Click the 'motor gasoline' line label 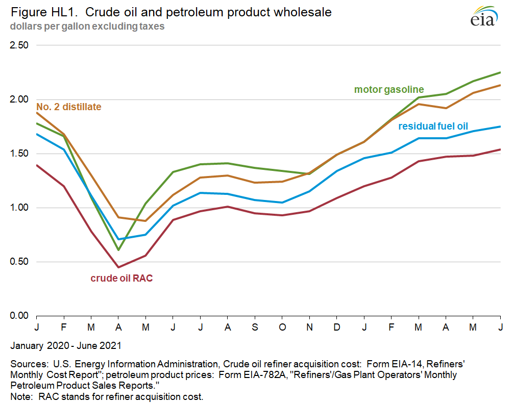point(389,90)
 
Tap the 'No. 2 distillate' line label point(68,107)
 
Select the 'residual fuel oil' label point(433,127)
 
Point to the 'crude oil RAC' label point(121,278)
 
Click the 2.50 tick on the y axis point(19,45)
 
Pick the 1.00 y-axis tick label point(19,208)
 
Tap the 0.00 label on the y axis point(19,316)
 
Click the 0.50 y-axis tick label point(19,262)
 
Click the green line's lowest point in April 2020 point(118,250)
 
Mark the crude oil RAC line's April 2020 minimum point(118,267)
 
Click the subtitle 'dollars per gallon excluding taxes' point(87,26)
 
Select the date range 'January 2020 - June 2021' point(66,345)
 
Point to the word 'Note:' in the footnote point(21,396)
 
